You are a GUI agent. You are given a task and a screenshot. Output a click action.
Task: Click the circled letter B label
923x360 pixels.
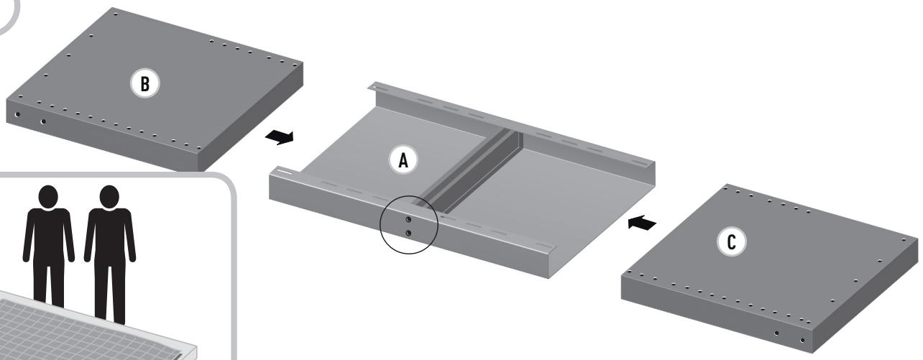tap(145, 84)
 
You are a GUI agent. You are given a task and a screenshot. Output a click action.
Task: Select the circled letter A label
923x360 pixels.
tap(403, 162)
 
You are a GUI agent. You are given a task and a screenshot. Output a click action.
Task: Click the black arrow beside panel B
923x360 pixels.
tap(279, 137)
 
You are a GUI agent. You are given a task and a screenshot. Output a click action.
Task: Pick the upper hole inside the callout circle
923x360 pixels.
tap(408, 219)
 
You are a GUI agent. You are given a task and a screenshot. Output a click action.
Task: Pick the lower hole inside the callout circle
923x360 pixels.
tap(408, 233)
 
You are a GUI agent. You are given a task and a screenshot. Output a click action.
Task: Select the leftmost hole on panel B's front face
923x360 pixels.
tap(15, 114)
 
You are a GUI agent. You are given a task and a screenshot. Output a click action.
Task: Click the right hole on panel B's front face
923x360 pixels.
tap(44, 121)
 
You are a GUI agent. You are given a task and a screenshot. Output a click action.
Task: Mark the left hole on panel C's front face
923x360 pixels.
tap(776, 333)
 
